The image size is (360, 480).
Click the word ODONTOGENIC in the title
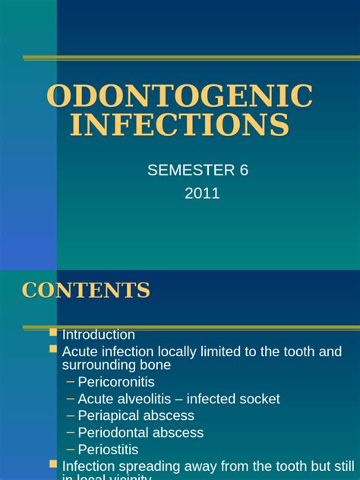[179, 96]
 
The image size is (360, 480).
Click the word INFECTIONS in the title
[179, 125]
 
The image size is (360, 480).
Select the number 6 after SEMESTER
[244, 170]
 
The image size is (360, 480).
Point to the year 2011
[202, 193]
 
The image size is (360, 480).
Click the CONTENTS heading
[86, 289]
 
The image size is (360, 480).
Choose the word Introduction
[99, 335]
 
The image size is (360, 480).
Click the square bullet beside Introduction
[53, 333]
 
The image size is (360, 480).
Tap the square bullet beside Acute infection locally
[53, 349]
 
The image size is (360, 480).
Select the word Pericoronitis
[116, 382]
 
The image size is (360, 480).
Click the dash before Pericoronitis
[71, 382]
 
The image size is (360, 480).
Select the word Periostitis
[108, 449]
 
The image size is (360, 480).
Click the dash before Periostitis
[71, 449]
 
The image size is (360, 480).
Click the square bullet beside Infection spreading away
[53, 463]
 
